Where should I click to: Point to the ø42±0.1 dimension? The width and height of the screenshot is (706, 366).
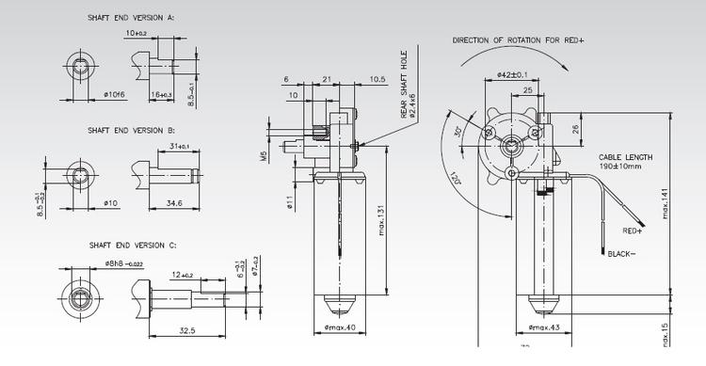coord(513,74)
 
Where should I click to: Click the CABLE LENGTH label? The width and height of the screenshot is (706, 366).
coord(624,157)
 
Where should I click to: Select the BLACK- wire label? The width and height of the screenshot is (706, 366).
coord(621,255)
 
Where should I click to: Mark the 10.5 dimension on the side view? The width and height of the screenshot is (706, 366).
coord(378,79)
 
